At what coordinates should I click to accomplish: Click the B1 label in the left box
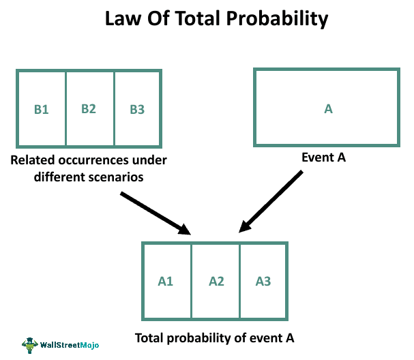[x=42, y=110]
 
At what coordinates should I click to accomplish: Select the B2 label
[x=89, y=108]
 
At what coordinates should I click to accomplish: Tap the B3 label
[x=137, y=110]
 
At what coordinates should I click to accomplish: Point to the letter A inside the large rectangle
[x=328, y=108]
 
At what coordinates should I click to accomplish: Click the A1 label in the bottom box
[x=166, y=282]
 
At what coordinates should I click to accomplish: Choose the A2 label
[x=216, y=282]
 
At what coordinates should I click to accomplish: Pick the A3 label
[x=263, y=282]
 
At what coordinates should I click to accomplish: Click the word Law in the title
[x=123, y=18]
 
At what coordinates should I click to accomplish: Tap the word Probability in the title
[x=277, y=19]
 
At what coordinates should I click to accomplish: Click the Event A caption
[x=324, y=157]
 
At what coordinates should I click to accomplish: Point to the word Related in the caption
[x=33, y=160]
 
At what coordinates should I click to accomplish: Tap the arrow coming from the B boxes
[x=156, y=213]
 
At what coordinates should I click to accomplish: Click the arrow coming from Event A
[x=271, y=202]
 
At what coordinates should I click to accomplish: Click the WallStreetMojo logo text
[x=70, y=345]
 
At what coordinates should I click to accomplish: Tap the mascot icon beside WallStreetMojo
[x=30, y=345]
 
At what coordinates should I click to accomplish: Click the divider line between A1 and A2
[x=191, y=282]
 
